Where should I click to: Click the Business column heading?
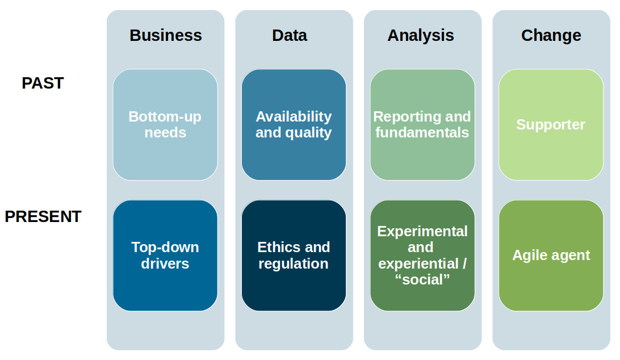166,35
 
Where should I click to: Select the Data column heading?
290,35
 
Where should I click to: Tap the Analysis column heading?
421,36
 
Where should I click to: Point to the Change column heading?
551,36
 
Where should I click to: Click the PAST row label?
43,83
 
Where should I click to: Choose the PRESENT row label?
43,216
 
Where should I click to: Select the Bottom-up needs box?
165,124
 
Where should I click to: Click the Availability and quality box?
294,124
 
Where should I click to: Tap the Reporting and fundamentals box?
422,124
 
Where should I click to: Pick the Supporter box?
551,124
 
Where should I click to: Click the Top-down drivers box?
165,256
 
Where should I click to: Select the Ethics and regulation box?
294,256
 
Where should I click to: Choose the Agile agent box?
551,256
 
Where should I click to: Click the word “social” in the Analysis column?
422,279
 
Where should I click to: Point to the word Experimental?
422,232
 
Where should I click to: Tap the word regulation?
294,264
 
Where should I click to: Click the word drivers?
165,263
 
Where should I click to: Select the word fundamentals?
422,132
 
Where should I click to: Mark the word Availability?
294,117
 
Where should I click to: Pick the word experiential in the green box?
418,264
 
